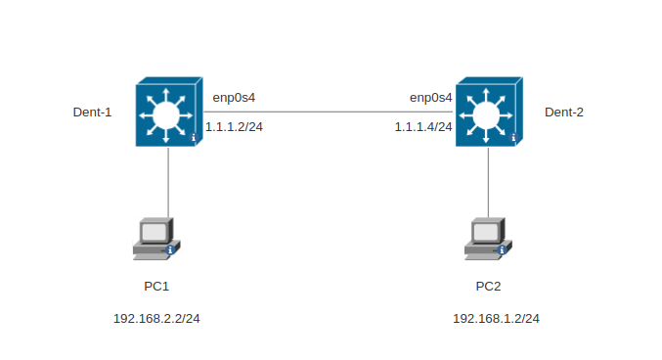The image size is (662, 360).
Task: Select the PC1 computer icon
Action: [154, 239]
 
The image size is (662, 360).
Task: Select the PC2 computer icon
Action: [487, 239]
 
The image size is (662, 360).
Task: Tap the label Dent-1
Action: [93, 112]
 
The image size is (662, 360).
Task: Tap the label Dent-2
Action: [564, 112]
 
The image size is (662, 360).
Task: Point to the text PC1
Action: [156, 287]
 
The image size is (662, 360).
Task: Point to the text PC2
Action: [488, 287]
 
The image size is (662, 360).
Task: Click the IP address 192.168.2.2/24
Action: [157, 319]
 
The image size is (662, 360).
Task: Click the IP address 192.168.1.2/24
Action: [496, 319]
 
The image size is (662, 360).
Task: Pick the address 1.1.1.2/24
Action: [234, 127]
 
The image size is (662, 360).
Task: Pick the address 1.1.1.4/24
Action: [422, 127]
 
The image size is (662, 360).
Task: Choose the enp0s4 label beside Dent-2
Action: [430, 98]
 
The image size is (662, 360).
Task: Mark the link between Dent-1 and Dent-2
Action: [328, 112]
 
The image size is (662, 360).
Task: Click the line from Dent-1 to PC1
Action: [168, 181]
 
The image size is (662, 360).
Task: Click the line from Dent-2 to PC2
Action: [488, 181]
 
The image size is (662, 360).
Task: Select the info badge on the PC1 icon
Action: [171, 251]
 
